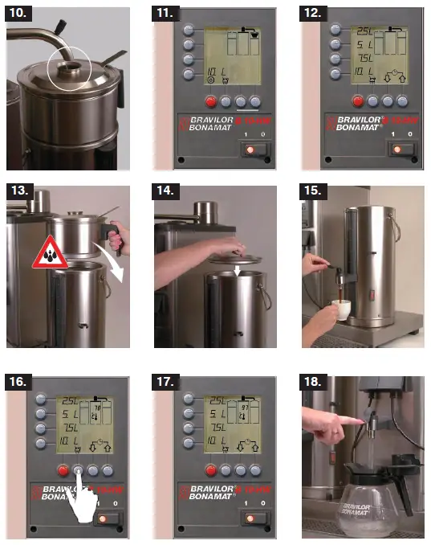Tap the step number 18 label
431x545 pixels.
pos(315,380)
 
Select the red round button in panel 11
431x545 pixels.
pos(211,101)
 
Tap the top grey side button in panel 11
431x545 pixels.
pos(189,29)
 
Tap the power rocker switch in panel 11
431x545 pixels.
pos(254,150)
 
